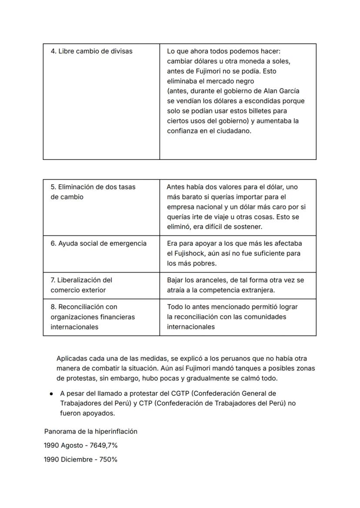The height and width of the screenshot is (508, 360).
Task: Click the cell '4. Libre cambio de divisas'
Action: click(x=91, y=51)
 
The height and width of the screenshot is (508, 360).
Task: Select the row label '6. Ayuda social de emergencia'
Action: click(x=98, y=243)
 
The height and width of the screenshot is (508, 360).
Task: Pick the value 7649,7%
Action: click(x=104, y=445)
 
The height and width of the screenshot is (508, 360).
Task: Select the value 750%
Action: click(x=109, y=459)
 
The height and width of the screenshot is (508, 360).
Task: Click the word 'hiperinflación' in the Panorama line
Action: click(x=116, y=432)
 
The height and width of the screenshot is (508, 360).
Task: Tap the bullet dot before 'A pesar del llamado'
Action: click(x=51, y=394)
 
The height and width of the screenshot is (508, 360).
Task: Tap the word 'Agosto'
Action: click(x=72, y=445)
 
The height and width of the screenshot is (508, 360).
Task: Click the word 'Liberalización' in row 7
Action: click(x=81, y=280)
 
